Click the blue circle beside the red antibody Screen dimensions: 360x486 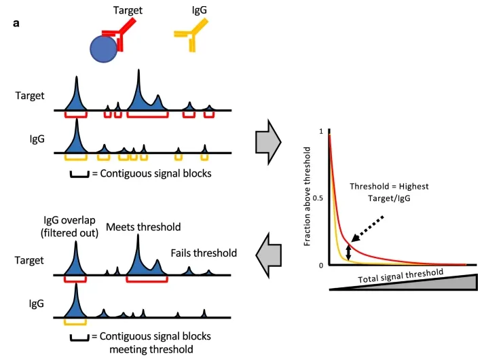point(102,50)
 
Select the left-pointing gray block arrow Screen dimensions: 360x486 point(269,253)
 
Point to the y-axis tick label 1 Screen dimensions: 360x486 point(320,130)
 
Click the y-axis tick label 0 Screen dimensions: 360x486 point(320,265)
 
